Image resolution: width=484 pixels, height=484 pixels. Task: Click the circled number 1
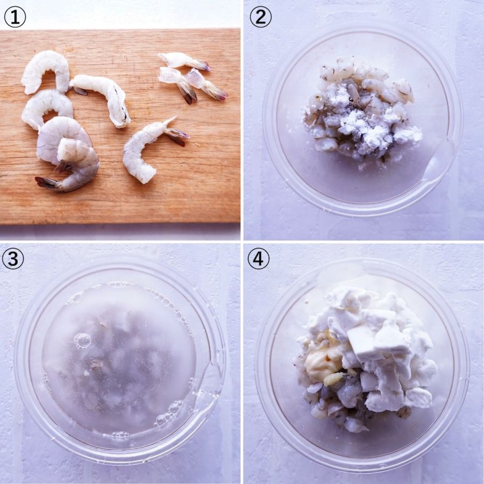pos(15,17)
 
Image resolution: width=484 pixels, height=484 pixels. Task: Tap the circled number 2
pos(260,17)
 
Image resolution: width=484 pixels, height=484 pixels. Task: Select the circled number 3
pos(13,259)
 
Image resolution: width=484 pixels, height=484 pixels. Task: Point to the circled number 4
pos(258,259)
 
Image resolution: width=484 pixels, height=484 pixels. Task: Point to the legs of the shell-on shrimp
pos(64,167)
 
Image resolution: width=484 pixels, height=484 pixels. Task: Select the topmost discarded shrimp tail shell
pos(184,61)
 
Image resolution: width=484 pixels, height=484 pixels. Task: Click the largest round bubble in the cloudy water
pos(82,341)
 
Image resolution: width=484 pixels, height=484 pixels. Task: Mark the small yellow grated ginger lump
pos(333,379)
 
